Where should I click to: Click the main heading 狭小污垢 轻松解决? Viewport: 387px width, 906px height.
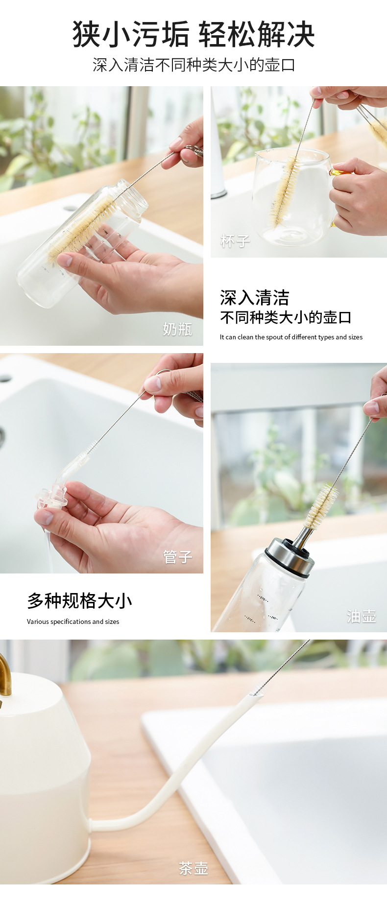click(x=193, y=34)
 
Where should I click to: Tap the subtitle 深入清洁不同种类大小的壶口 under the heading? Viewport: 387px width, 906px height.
click(x=193, y=65)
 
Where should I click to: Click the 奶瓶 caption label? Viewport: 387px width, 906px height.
click(x=177, y=329)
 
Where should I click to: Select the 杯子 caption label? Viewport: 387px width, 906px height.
click(x=235, y=241)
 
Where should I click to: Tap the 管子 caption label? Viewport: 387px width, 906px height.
click(x=177, y=557)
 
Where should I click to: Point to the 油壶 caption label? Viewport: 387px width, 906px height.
click(x=362, y=616)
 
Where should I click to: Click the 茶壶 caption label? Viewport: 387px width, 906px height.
click(x=193, y=868)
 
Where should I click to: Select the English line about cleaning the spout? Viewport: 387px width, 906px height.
click(x=291, y=337)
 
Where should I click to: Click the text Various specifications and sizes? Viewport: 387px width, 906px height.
click(x=73, y=621)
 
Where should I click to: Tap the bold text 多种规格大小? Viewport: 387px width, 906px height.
click(x=79, y=600)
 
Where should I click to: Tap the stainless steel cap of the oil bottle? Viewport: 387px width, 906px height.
click(x=290, y=556)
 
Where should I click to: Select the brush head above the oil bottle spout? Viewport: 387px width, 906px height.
click(x=321, y=504)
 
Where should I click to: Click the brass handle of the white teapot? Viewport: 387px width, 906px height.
click(x=5, y=676)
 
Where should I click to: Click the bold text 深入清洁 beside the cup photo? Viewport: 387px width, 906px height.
click(x=254, y=298)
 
